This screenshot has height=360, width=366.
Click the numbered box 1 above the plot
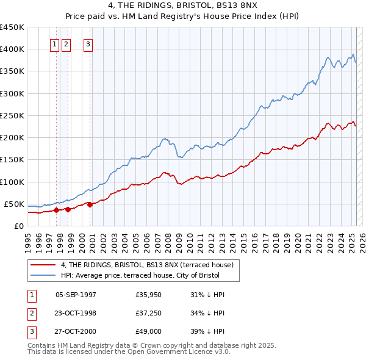click(x=54, y=44)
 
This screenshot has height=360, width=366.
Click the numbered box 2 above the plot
click(x=66, y=44)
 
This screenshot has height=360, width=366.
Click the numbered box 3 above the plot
click(x=88, y=44)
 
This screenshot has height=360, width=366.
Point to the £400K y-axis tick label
click(x=13, y=49)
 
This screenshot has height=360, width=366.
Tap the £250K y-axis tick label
click(x=13, y=115)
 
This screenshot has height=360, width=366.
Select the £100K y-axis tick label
click(x=13, y=182)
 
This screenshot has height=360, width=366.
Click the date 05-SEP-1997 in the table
click(x=76, y=295)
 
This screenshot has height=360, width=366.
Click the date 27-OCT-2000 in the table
click(x=76, y=333)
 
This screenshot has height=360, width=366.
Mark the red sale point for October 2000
click(x=90, y=204)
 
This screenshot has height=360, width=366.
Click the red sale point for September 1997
click(x=56, y=210)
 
